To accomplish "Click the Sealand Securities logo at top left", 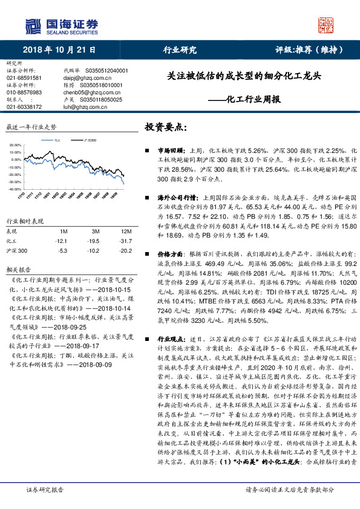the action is point(61,25).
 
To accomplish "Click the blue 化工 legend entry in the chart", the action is point(57,140).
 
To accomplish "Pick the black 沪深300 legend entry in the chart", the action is point(87,140).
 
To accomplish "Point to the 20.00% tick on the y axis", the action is point(16,146).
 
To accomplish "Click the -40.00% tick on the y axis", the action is point(15,190).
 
